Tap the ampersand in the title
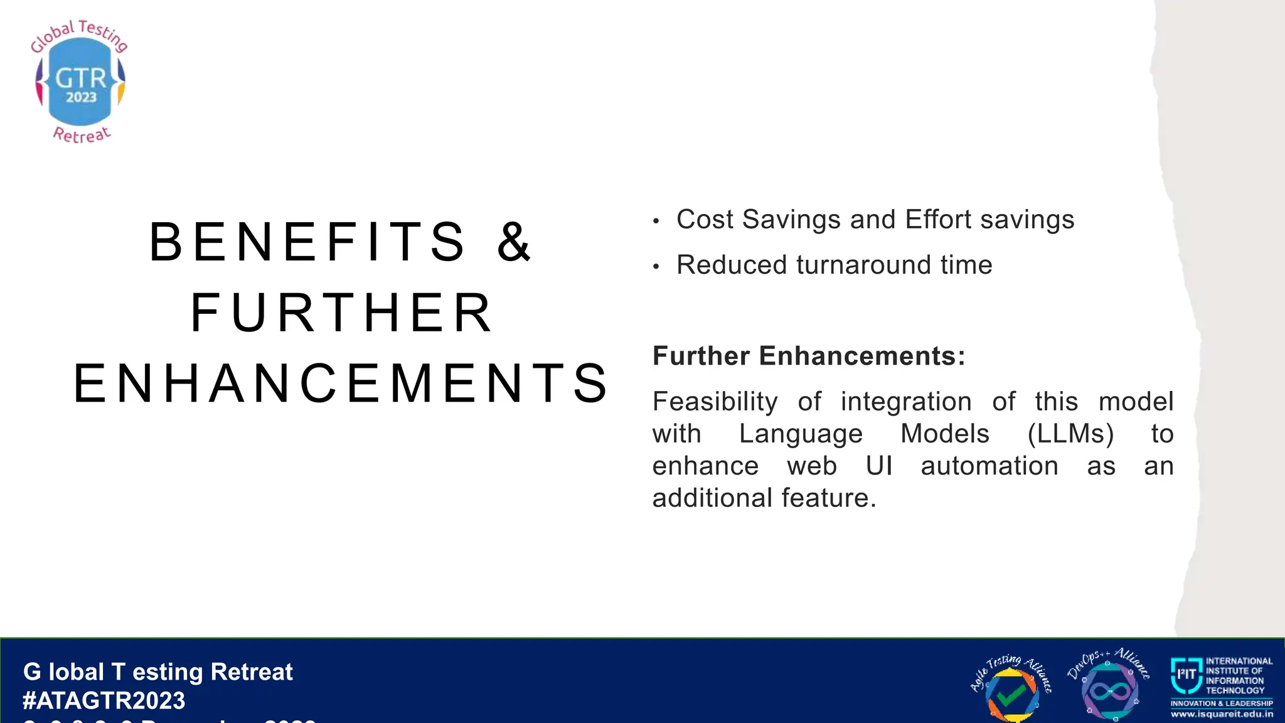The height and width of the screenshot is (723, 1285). point(514,242)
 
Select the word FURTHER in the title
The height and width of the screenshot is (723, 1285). point(342,313)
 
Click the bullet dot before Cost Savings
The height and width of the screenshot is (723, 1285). point(656,222)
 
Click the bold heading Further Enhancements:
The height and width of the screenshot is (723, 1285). point(809,356)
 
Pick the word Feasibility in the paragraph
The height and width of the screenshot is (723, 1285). point(715,402)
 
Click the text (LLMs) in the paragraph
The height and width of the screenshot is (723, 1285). point(1070,434)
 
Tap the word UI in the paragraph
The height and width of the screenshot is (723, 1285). point(878,466)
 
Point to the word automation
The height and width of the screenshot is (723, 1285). point(989,466)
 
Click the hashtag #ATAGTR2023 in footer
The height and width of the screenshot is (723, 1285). point(104,700)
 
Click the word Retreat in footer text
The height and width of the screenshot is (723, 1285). point(252,672)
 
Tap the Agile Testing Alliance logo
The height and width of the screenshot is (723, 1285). point(1011,689)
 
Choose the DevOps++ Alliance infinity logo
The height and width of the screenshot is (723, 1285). point(1109,689)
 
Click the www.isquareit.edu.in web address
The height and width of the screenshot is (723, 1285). point(1222,714)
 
